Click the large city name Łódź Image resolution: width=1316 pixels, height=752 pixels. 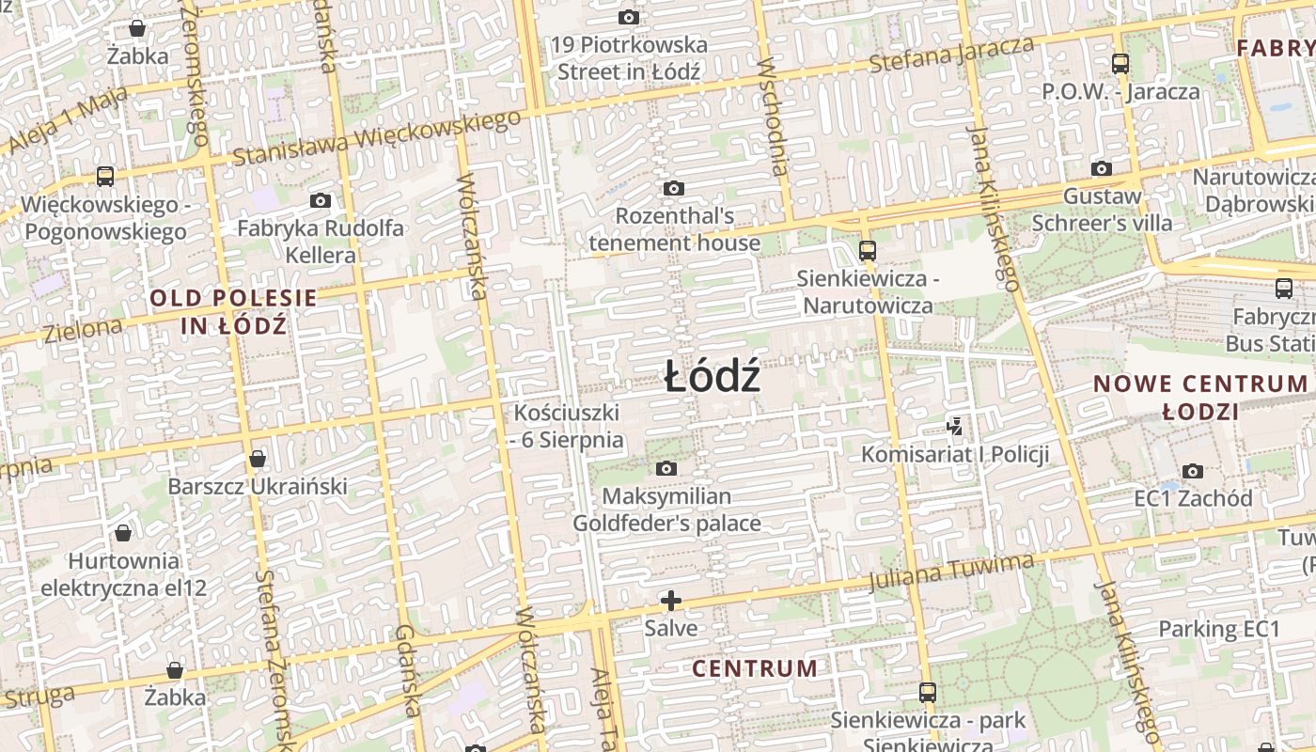712,378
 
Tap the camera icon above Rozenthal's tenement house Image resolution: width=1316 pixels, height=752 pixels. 673,189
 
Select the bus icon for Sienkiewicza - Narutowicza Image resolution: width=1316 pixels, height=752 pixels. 867,251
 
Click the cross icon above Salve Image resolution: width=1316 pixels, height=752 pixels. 671,600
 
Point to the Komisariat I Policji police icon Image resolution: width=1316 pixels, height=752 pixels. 955,427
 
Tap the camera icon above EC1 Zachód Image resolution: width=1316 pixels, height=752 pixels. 1193,471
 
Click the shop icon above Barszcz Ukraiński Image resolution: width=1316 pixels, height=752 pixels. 257,459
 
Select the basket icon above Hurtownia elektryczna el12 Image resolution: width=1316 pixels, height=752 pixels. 122,534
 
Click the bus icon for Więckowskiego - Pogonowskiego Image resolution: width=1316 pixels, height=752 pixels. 105,176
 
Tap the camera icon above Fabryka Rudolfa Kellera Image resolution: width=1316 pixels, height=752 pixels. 321,200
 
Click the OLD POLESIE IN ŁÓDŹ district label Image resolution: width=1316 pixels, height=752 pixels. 233,312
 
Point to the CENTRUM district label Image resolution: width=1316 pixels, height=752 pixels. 755,668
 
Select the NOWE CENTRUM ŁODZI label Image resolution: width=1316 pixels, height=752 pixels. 1200,397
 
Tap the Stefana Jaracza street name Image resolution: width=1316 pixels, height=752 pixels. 951,54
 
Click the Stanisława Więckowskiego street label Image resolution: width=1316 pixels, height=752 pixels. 376,137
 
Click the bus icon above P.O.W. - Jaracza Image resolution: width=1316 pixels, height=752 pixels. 1120,64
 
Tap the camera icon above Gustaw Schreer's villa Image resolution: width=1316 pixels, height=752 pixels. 1102,169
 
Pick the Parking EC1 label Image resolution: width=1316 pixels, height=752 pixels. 1218,629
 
